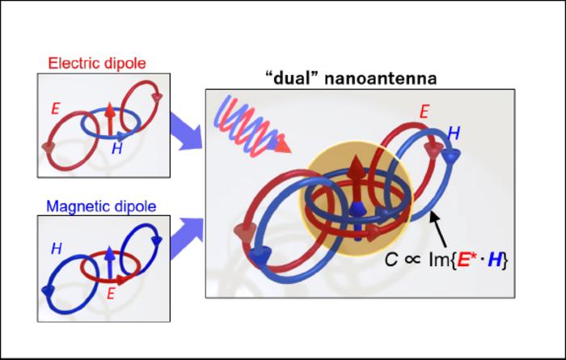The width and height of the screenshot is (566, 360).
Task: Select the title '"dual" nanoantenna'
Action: [x=350, y=78]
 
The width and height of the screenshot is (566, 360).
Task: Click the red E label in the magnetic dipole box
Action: [x=111, y=293]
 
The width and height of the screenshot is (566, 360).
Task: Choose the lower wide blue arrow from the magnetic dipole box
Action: [x=188, y=234]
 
